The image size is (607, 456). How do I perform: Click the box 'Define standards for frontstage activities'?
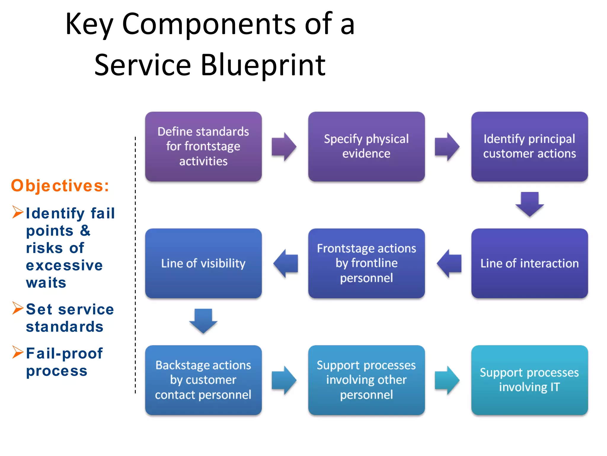click(203, 146)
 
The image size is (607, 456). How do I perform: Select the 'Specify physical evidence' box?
click(366, 146)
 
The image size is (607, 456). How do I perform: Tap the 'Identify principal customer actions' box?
click(529, 146)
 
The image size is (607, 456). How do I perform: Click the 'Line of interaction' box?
click(529, 263)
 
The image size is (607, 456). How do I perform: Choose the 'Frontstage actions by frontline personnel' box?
click(366, 263)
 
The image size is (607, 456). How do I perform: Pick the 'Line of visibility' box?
click(203, 263)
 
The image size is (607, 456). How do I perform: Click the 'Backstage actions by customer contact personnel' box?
click(203, 380)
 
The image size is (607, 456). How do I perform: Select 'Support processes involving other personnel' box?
click(366, 380)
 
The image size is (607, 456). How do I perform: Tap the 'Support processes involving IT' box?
click(529, 380)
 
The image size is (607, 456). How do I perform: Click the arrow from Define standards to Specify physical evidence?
click(284, 147)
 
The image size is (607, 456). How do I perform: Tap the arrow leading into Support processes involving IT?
click(447, 380)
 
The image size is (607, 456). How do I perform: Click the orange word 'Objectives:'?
click(60, 186)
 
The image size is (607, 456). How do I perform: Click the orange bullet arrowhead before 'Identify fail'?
click(18, 212)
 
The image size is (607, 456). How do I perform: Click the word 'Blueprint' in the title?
click(263, 65)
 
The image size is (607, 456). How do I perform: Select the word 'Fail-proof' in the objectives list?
click(64, 353)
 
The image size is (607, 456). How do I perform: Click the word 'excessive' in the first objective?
click(64, 265)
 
